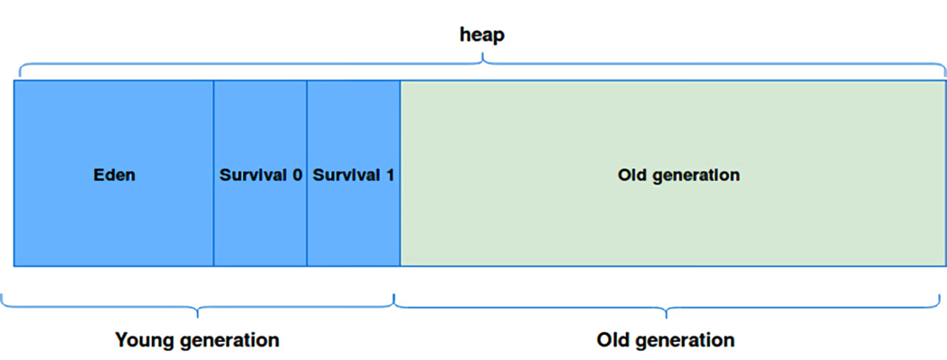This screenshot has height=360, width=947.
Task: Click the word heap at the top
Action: (x=481, y=35)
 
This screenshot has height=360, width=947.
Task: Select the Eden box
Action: (x=114, y=174)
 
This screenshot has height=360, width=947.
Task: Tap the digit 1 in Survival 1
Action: (x=390, y=175)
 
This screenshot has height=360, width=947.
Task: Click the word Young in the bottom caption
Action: (x=144, y=341)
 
